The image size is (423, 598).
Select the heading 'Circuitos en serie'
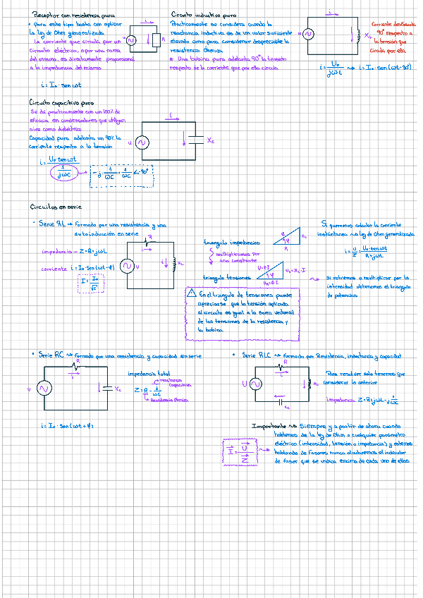click(x=56, y=207)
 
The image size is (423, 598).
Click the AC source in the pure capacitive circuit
click(x=141, y=142)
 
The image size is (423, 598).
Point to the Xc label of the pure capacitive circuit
click(x=211, y=141)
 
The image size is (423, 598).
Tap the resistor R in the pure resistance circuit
click(x=156, y=39)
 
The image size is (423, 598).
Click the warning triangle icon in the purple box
click(x=191, y=294)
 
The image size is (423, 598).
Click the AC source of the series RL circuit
click(x=128, y=266)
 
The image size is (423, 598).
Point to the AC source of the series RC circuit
click(x=42, y=389)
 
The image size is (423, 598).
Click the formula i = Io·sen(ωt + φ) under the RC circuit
click(x=68, y=426)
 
